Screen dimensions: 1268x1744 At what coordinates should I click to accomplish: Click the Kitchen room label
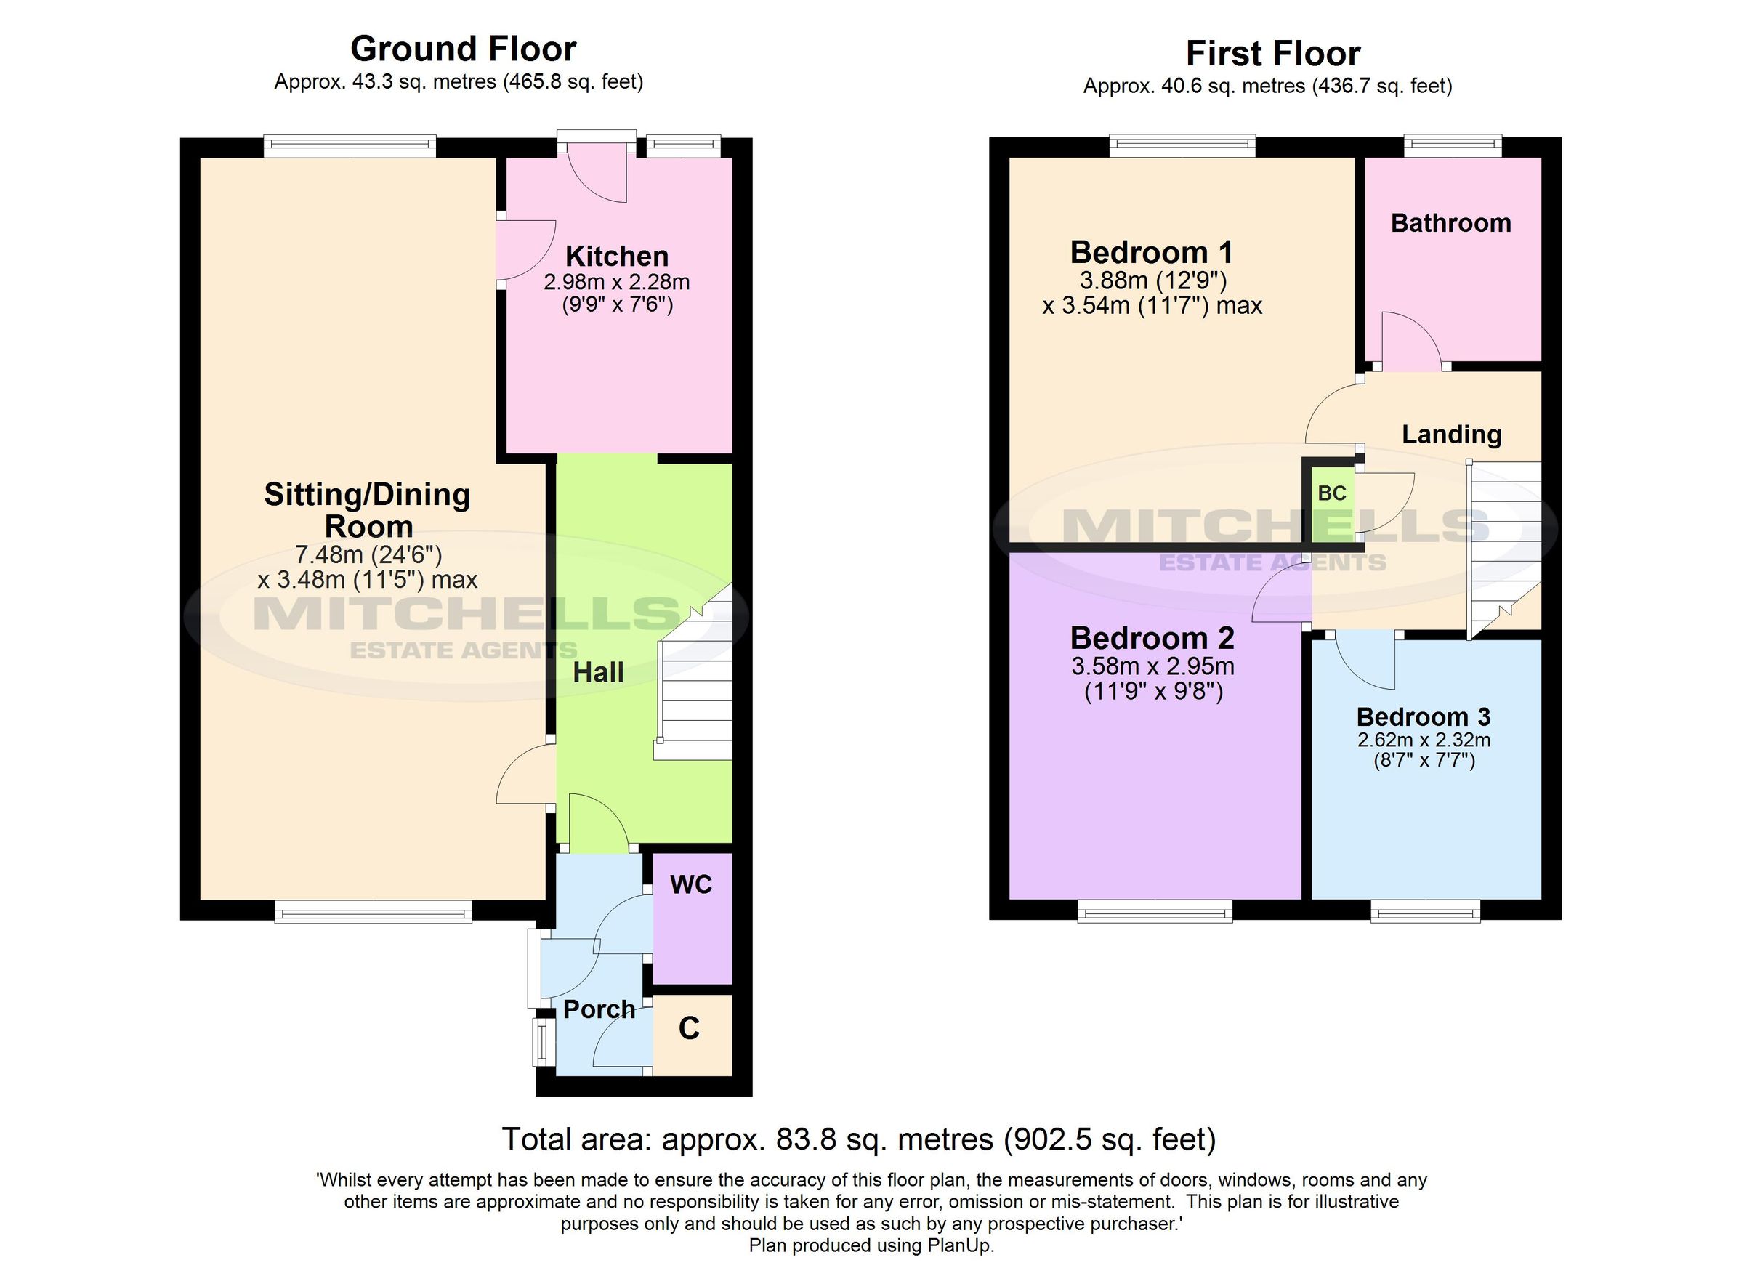coord(617,256)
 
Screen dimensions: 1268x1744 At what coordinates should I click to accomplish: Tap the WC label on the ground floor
coord(690,884)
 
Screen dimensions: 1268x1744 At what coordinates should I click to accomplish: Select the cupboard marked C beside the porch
coord(690,1028)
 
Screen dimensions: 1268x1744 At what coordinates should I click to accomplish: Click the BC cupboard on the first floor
coord(1332,493)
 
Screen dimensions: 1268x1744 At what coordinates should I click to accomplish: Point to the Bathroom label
coord(1450,223)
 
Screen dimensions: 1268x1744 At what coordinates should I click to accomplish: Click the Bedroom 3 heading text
coord(1423,716)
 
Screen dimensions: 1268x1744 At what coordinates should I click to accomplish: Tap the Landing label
coord(1451,435)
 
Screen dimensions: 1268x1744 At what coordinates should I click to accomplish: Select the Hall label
coord(598,673)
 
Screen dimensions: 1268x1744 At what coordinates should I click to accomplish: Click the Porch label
coord(599,1009)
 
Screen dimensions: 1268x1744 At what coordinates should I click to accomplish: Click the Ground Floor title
coord(463,49)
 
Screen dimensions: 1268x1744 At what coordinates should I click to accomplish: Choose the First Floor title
coord(1272,54)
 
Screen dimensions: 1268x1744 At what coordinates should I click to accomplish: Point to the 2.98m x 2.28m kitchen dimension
coord(617,282)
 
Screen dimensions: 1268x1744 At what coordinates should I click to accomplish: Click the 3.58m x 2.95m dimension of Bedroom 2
coord(1152,666)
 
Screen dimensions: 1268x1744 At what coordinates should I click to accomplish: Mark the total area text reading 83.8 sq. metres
coord(858,1139)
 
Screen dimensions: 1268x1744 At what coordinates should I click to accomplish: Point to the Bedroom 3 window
coord(1426,913)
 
